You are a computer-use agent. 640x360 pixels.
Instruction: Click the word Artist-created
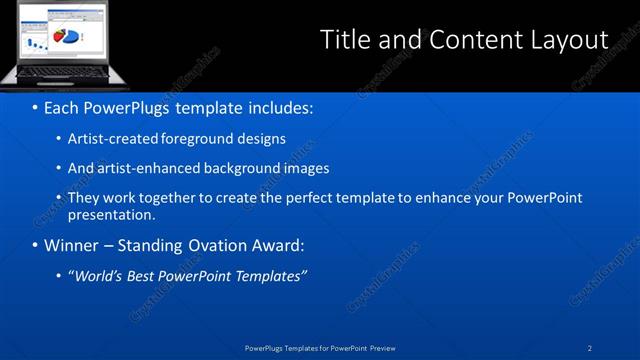coord(109,139)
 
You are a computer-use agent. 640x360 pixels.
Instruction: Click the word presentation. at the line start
coord(111,214)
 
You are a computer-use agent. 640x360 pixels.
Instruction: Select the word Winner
coord(71,245)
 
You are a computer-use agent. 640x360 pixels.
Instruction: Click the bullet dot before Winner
coord(35,246)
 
